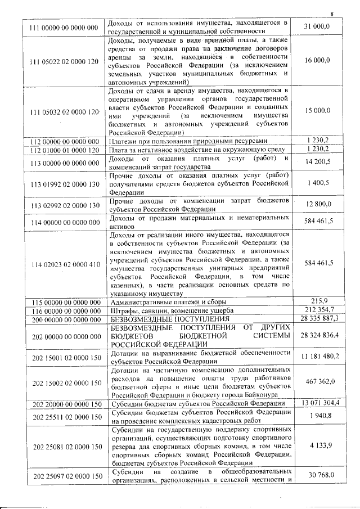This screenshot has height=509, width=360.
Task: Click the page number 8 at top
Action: pos(332,14)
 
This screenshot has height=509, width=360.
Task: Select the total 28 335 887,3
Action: pos(319,318)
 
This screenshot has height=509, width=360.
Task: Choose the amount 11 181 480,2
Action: pos(319,357)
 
